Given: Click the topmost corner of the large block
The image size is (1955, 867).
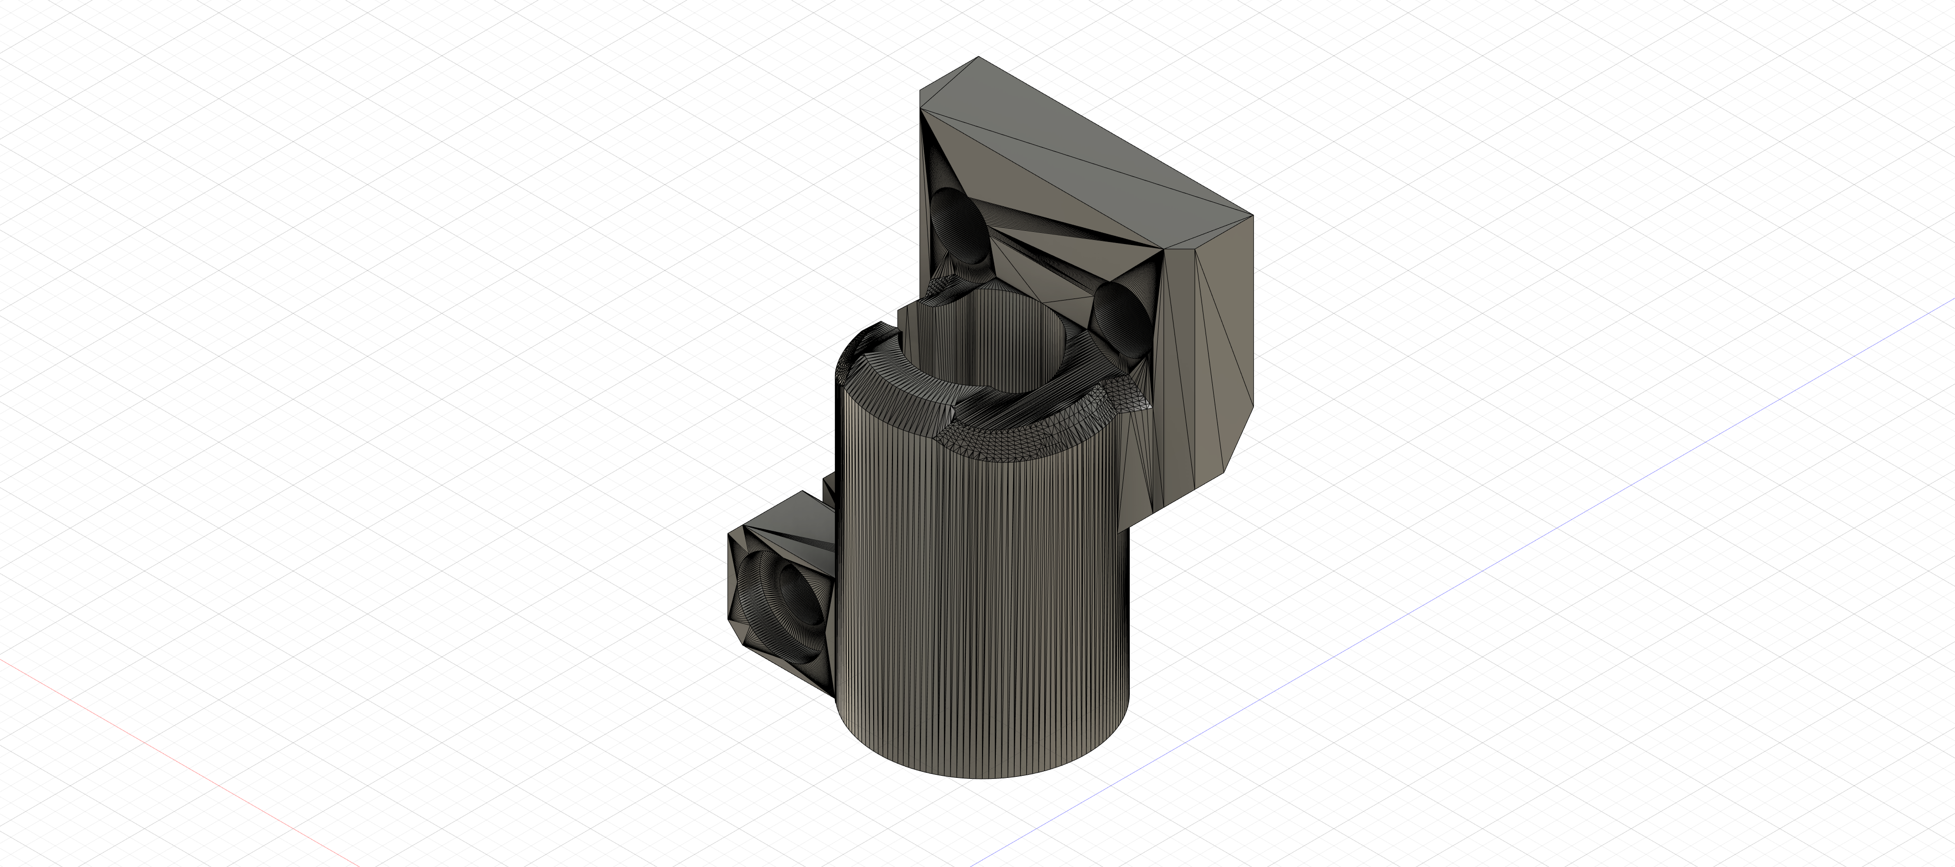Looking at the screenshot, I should [978, 57].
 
